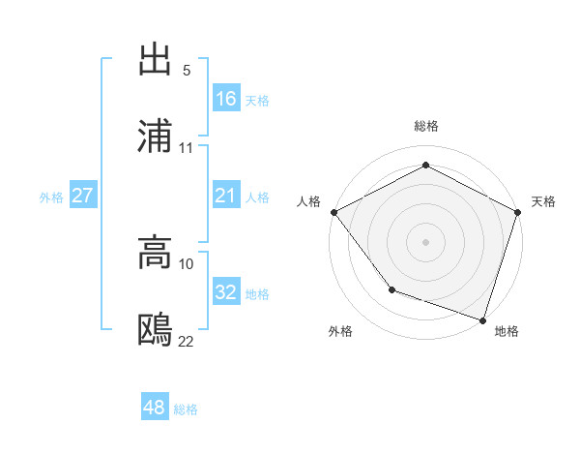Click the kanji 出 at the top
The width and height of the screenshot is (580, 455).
[x=156, y=59]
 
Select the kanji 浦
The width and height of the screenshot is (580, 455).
[x=156, y=136]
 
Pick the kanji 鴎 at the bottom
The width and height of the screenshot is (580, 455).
[x=156, y=330]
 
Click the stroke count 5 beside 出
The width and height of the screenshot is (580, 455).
[x=187, y=71]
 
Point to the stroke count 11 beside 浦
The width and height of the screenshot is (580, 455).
[x=187, y=148]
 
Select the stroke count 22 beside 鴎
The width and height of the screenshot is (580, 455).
[x=187, y=341]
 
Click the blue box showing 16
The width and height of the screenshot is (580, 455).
[x=226, y=98]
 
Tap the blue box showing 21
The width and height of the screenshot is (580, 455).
[x=226, y=196]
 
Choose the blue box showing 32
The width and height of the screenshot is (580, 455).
[x=226, y=292]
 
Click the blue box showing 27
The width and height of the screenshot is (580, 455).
[x=82, y=196]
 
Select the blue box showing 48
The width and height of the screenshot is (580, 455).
[x=155, y=408]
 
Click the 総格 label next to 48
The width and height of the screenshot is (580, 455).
[x=186, y=409]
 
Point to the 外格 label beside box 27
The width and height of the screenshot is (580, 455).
[x=51, y=197]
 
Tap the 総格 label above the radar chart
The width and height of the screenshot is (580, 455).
[x=426, y=126]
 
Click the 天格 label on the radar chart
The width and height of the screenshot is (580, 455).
[x=543, y=201]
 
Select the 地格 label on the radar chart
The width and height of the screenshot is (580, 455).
[x=507, y=331]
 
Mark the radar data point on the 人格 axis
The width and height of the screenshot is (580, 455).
[x=333, y=211]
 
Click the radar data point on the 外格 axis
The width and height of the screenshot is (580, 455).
[x=391, y=288]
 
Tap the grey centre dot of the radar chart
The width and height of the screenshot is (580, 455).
[x=426, y=241]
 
